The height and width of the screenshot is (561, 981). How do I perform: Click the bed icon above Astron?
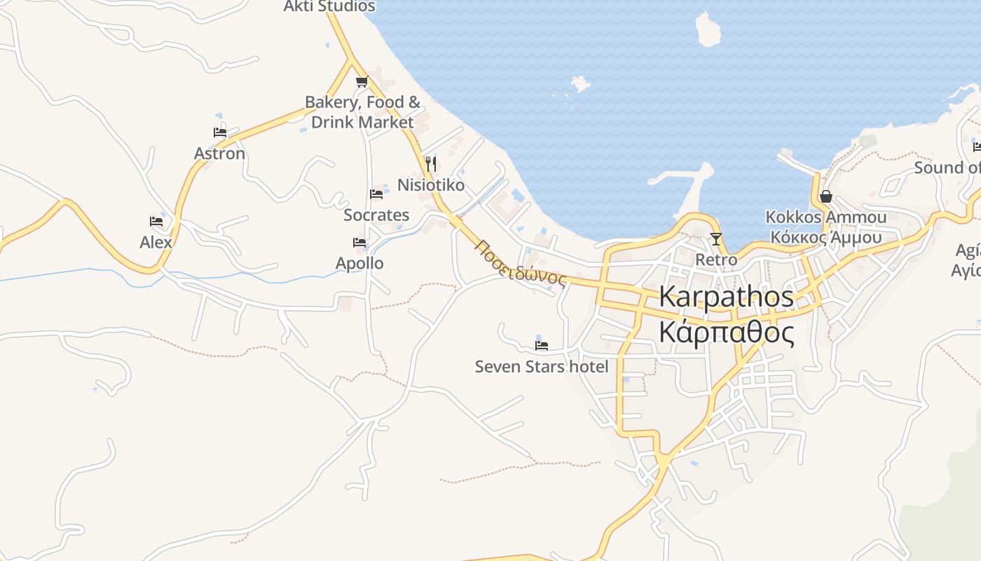(220, 132)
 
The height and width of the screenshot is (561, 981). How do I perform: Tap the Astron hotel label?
(219, 154)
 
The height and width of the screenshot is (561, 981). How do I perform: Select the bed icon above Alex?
(156, 222)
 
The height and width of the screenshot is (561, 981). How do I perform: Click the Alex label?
(156, 243)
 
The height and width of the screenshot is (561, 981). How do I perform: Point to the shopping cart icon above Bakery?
(362, 82)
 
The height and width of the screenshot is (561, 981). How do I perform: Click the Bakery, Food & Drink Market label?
(362, 112)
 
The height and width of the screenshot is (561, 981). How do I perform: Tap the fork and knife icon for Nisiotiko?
(431, 164)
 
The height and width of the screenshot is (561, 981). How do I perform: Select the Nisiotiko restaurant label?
(431, 185)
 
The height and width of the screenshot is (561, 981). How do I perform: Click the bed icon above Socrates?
(376, 194)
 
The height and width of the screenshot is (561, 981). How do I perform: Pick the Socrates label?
(376, 215)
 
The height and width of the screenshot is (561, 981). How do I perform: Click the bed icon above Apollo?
(359, 243)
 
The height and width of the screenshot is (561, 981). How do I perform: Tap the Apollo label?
(359, 264)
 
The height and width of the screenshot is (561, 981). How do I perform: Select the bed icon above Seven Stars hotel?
(542, 345)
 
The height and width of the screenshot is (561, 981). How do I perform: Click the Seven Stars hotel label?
(542, 367)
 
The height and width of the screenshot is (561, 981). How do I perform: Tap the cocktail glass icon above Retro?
(715, 239)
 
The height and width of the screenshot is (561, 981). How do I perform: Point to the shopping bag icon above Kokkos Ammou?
(826, 196)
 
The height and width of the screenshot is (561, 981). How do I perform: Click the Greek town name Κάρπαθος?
(727, 332)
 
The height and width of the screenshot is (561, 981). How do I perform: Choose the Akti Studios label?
(329, 7)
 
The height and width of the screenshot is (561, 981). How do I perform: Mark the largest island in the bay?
(708, 29)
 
